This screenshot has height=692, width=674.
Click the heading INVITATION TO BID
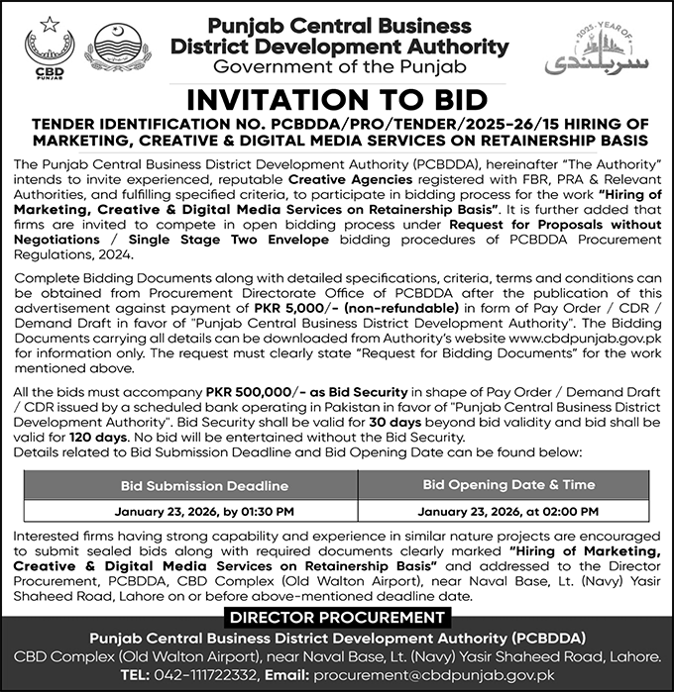coord(338,101)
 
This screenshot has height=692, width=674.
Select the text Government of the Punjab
coord(338,66)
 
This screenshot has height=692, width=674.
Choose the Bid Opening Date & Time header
coord(508,485)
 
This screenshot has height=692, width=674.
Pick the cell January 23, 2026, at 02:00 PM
coord(508,512)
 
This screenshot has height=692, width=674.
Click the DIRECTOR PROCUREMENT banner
coord(337,617)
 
